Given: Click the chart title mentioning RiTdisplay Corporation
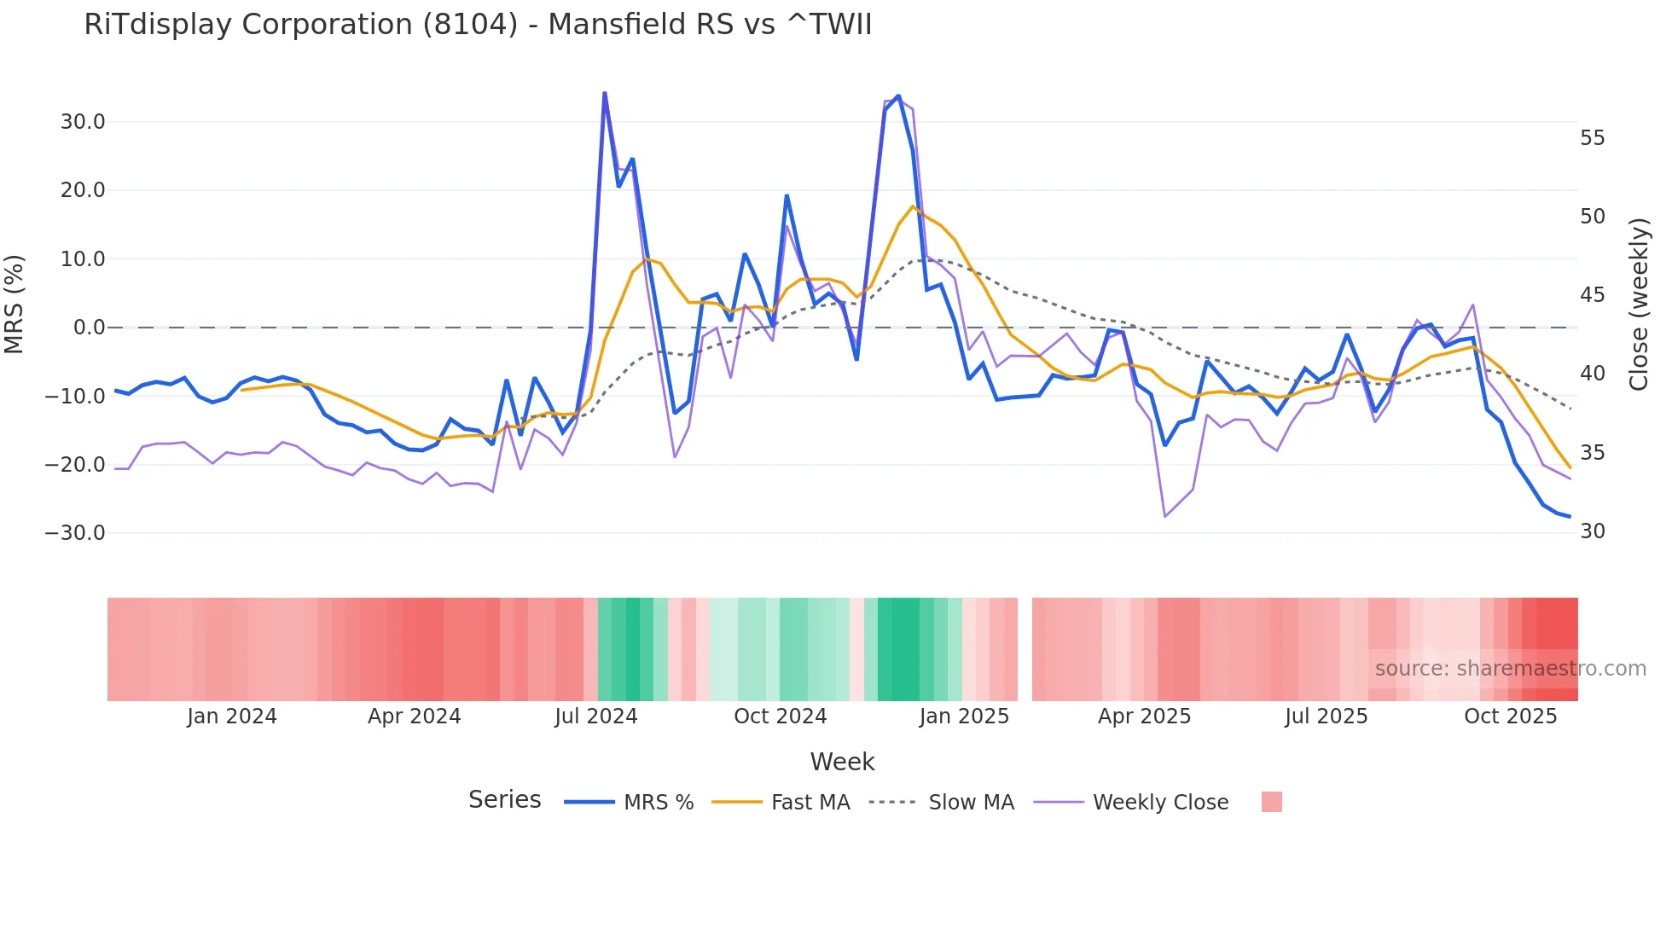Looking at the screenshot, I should click(x=478, y=25).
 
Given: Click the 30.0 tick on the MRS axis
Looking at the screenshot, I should click(x=83, y=122).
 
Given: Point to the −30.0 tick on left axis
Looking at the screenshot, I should click(x=75, y=533).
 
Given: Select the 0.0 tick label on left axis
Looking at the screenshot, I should click(x=90, y=328).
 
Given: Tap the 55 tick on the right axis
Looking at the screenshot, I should click(x=1592, y=138).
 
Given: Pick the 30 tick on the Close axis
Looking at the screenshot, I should click(x=1592, y=531).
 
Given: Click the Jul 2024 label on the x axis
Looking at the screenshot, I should click(x=595, y=717).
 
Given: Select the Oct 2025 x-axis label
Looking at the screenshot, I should click(x=1510, y=717).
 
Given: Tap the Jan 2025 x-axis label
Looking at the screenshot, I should click(x=964, y=717).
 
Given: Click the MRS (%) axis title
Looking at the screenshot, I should click(x=15, y=304).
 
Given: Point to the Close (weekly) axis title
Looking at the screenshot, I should click(x=1639, y=305).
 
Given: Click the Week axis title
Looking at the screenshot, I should click(x=842, y=762).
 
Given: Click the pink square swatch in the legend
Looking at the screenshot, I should click(x=1271, y=802).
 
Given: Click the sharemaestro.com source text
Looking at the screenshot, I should click(x=1510, y=669).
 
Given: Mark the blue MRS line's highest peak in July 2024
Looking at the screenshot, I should click(x=605, y=93).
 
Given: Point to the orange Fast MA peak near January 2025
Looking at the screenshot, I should click(x=913, y=206).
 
